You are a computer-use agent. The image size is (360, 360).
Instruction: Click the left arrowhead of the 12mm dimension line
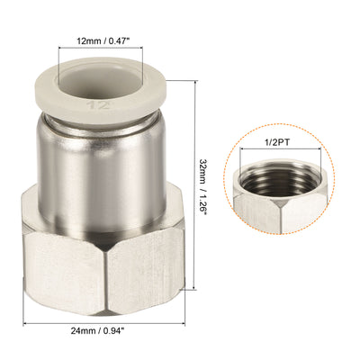pyautogui.click(x=63, y=52)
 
